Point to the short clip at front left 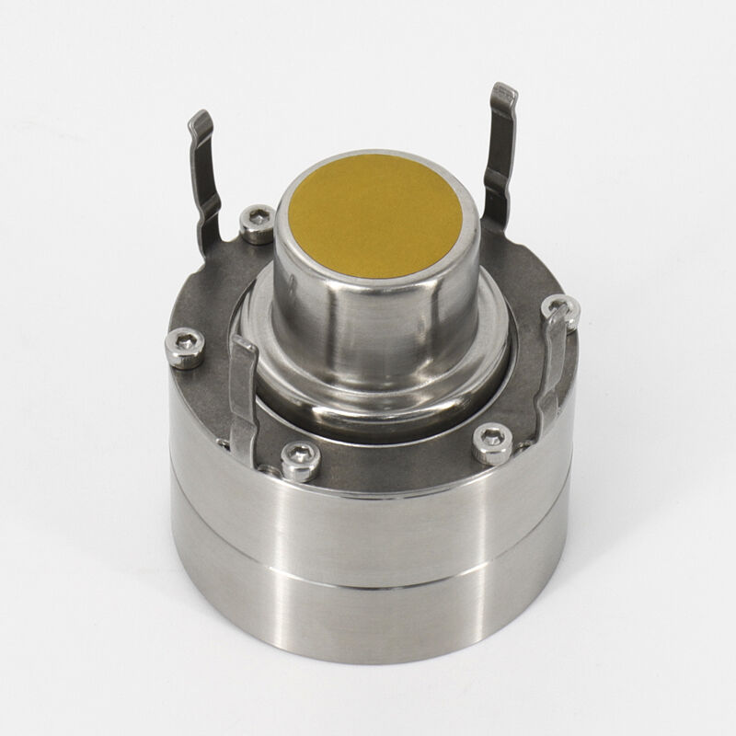coord(243,396)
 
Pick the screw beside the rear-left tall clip coord(257,224)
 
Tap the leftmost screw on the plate coord(185,348)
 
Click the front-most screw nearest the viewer coord(299,457)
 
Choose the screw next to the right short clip coord(558,310)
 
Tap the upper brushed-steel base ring coord(368,529)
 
